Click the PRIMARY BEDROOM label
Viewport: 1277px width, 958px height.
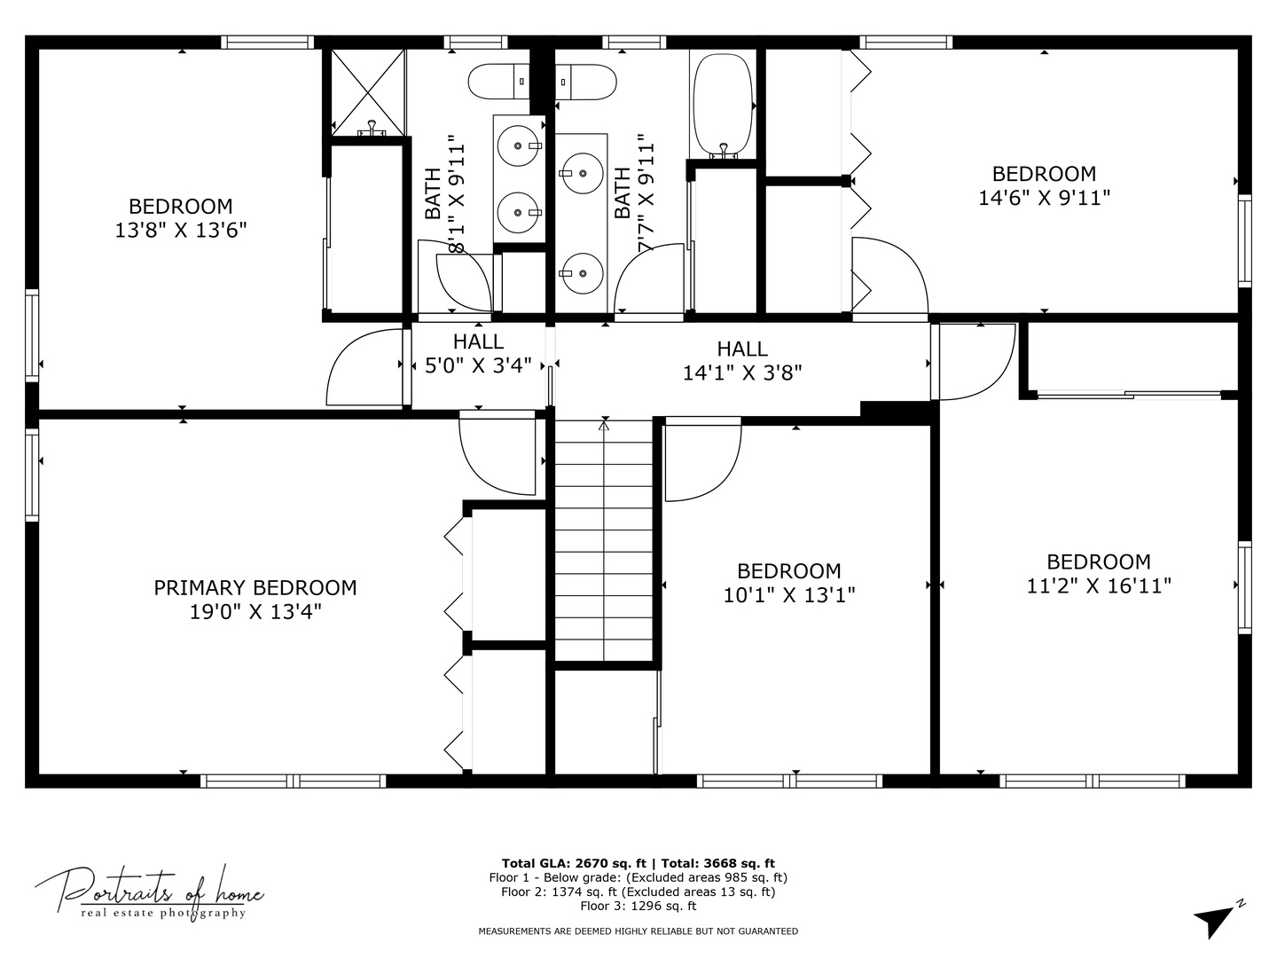coord(255,588)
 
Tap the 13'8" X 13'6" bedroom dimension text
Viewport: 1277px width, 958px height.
coord(180,231)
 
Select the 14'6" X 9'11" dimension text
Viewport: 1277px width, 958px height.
coord(1044,199)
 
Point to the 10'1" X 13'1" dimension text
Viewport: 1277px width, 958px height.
coord(789,595)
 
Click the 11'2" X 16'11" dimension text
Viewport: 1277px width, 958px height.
coord(1099,585)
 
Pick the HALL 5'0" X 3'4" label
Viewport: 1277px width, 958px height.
coord(478,354)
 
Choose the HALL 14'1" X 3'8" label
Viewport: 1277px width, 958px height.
coord(741,361)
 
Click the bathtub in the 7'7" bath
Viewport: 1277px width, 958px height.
coord(723,106)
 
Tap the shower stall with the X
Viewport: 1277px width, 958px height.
coord(368,92)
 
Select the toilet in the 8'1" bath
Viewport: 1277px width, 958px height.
coord(499,82)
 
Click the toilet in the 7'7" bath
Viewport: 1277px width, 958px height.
coord(585,82)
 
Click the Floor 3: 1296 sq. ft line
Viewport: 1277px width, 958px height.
coord(638,906)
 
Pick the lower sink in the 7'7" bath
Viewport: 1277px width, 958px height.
coord(583,273)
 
